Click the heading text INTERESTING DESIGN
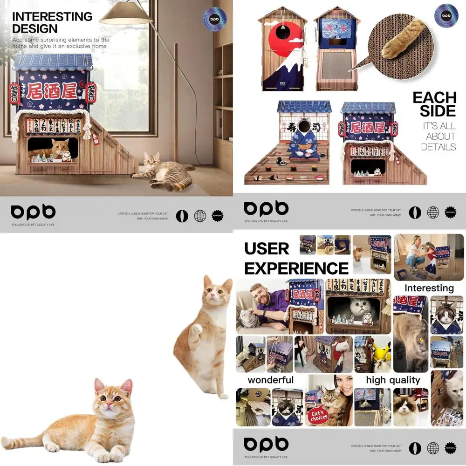click(x=52, y=22)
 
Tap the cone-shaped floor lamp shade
click(x=126, y=15)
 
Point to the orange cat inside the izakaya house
click(x=58, y=148)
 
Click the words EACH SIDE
click(x=434, y=104)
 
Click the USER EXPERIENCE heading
click(x=296, y=259)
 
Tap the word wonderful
click(x=271, y=380)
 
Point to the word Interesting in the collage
click(x=429, y=288)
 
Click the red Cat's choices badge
click(x=318, y=414)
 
